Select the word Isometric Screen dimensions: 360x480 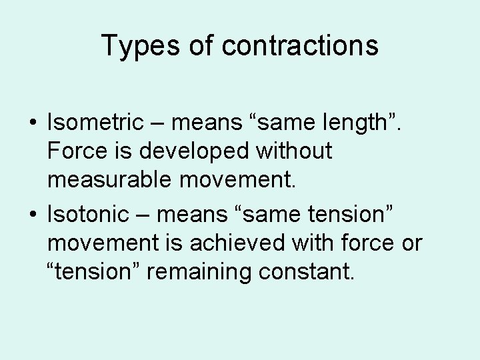95,122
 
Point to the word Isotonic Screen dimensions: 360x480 89,215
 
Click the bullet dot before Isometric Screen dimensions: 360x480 33,123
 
